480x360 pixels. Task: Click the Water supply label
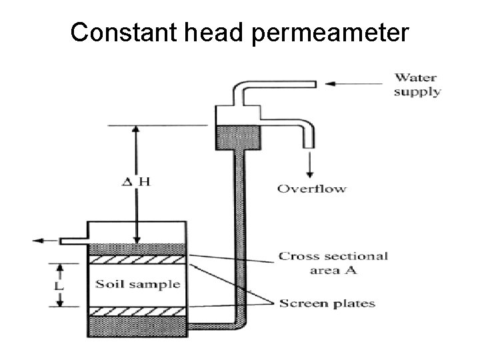(x=417, y=85)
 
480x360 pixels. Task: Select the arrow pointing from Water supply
(x=353, y=83)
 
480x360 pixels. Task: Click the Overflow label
(x=311, y=189)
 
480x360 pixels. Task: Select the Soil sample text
(x=137, y=284)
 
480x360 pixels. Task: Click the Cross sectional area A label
(x=333, y=263)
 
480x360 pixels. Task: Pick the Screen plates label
(x=327, y=303)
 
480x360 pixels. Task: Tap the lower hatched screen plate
(x=137, y=312)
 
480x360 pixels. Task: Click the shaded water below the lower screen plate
(x=137, y=327)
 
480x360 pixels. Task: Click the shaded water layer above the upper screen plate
(x=137, y=249)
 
